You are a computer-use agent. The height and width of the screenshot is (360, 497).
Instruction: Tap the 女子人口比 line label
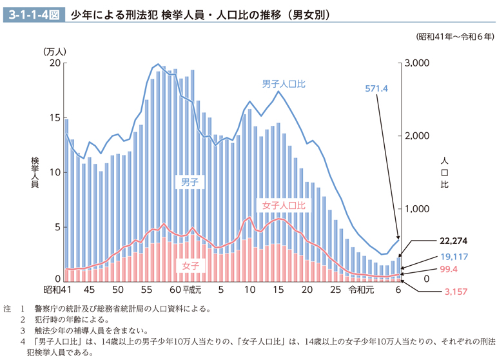click(x=284, y=205)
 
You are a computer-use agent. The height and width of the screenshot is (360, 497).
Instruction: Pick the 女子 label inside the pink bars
click(x=190, y=265)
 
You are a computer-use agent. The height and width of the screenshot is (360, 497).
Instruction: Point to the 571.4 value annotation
click(x=376, y=89)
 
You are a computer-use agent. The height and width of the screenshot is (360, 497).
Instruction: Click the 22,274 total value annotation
click(x=453, y=240)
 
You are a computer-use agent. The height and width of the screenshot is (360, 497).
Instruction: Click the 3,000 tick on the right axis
click(x=416, y=63)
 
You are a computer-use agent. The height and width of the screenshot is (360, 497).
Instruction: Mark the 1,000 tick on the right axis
click(x=416, y=208)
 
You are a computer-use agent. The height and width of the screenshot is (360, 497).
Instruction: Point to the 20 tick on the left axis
click(x=55, y=63)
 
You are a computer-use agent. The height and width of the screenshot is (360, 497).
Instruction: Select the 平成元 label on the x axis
click(x=193, y=290)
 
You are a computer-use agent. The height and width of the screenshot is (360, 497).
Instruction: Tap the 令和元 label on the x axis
click(x=361, y=290)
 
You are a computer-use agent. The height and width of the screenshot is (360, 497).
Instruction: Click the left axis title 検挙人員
click(x=35, y=172)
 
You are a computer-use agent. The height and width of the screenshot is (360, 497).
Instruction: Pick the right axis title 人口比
click(x=444, y=172)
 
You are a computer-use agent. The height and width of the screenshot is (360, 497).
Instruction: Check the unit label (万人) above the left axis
click(x=55, y=51)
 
